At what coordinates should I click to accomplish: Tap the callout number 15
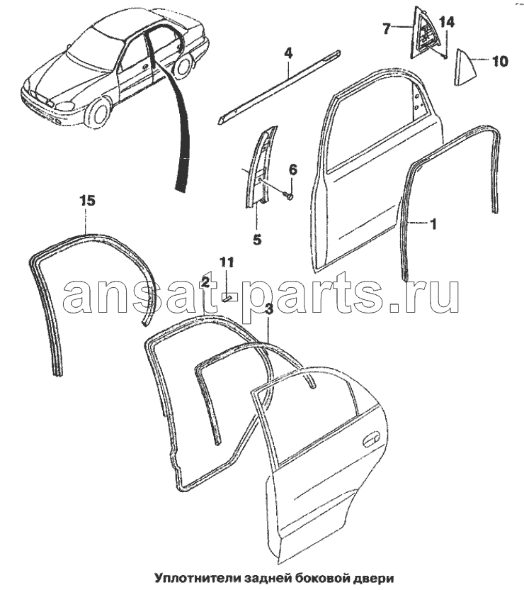[x=86, y=201]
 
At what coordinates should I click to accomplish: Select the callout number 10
[x=499, y=62]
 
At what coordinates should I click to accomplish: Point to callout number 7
[x=387, y=28]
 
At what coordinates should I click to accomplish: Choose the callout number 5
[x=256, y=239]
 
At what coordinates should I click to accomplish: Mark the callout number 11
[x=225, y=262]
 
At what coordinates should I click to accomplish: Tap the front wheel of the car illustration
[x=98, y=113]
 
